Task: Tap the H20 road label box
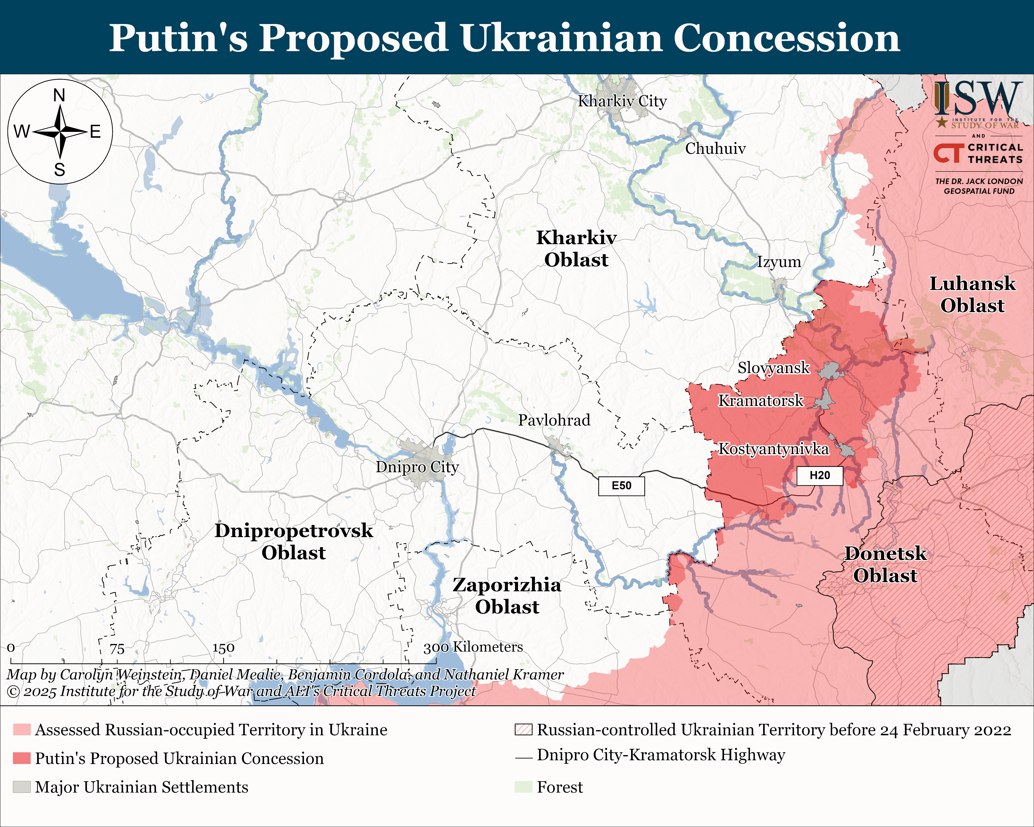tap(820, 475)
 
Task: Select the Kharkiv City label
tap(622, 101)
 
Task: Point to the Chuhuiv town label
tap(715, 149)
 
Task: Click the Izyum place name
tap(779, 262)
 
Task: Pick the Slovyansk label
tap(773, 368)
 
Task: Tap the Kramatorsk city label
tap(760, 400)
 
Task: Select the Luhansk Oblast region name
tap(972, 294)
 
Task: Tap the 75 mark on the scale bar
tap(117, 649)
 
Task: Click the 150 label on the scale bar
tap(223, 648)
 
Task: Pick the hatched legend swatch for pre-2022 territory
tap(523, 730)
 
